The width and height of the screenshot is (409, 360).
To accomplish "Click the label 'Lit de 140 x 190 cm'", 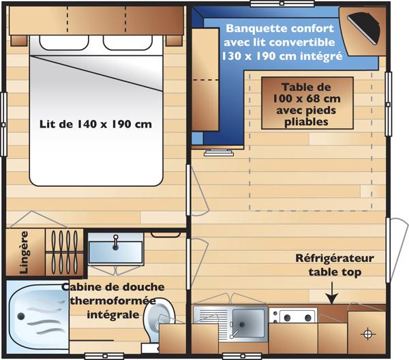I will [x=95, y=125].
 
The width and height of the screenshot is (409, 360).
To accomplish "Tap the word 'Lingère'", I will [x=25, y=252].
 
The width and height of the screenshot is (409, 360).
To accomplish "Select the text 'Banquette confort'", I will [x=279, y=29].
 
